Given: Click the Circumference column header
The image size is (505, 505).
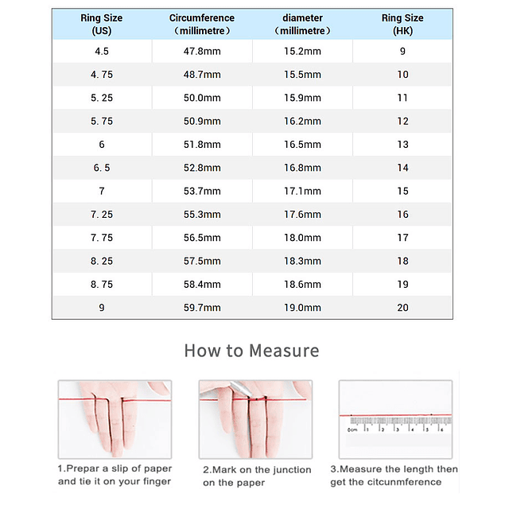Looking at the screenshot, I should click(x=202, y=24).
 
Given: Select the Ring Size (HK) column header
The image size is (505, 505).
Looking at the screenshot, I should click(x=402, y=24).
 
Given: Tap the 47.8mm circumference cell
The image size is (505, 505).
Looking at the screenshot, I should click(x=202, y=52).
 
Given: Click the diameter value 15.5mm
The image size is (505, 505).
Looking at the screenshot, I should click(x=302, y=75).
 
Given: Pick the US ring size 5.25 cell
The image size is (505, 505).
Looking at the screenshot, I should click(x=102, y=98).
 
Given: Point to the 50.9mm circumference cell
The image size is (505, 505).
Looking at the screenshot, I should click(x=202, y=122).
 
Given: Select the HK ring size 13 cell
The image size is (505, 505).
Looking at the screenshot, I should click(x=402, y=145).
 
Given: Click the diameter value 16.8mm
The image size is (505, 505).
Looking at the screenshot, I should click(x=302, y=168).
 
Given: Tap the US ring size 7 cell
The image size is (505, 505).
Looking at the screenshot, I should click(x=102, y=191).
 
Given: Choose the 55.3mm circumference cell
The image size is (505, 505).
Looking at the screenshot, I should click(x=202, y=215).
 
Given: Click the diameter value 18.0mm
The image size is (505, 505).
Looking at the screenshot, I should click(x=302, y=238).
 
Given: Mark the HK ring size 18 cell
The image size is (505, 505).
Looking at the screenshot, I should click(x=402, y=261).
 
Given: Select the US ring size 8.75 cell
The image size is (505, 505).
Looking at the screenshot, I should click(x=102, y=284).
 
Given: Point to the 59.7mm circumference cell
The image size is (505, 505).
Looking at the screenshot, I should click(x=202, y=308).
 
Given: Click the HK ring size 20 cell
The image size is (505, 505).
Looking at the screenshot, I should click(x=402, y=308).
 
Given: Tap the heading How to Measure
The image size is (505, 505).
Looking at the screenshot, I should click(x=251, y=351).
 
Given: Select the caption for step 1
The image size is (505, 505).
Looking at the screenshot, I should click(x=114, y=475).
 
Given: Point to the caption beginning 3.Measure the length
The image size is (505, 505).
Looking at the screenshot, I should click(x=394, y=475).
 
